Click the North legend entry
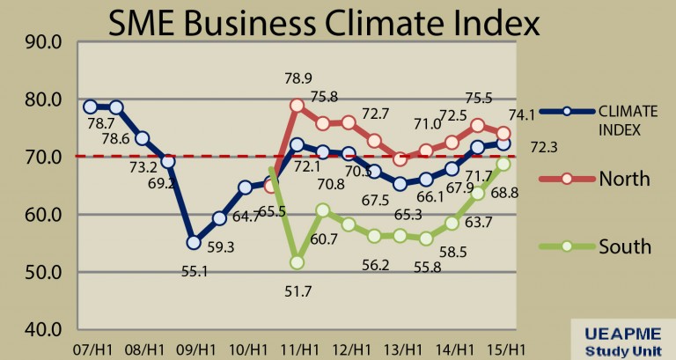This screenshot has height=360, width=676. [624, 179]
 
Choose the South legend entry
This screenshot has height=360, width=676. [625, 246]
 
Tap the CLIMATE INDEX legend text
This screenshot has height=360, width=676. [628, 120]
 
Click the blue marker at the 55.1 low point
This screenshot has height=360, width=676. [194, 242]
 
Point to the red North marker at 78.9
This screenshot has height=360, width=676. [297, 106]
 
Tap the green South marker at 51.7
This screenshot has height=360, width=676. [297, 262]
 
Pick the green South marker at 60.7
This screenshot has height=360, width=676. [323, 210]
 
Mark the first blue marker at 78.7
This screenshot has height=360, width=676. [90, 107]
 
